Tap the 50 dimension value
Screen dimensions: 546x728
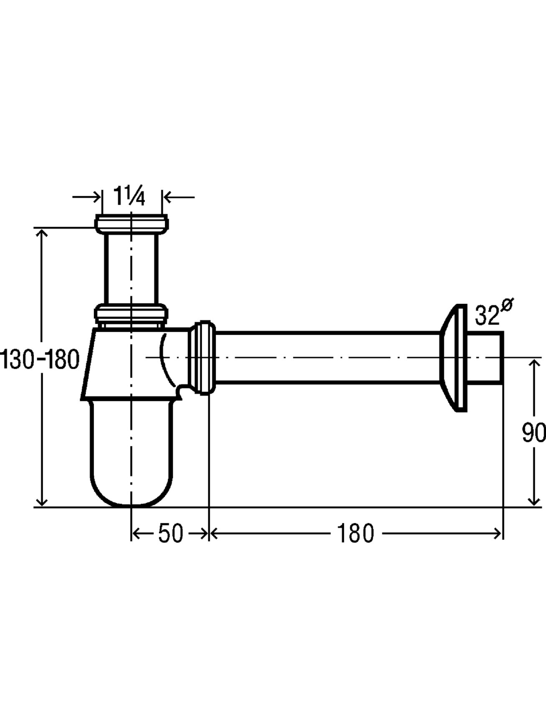(170, 533)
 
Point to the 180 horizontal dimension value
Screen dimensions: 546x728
(355, 533)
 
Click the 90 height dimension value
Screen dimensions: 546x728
(534, 433)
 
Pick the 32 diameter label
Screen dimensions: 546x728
(487, 316)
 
